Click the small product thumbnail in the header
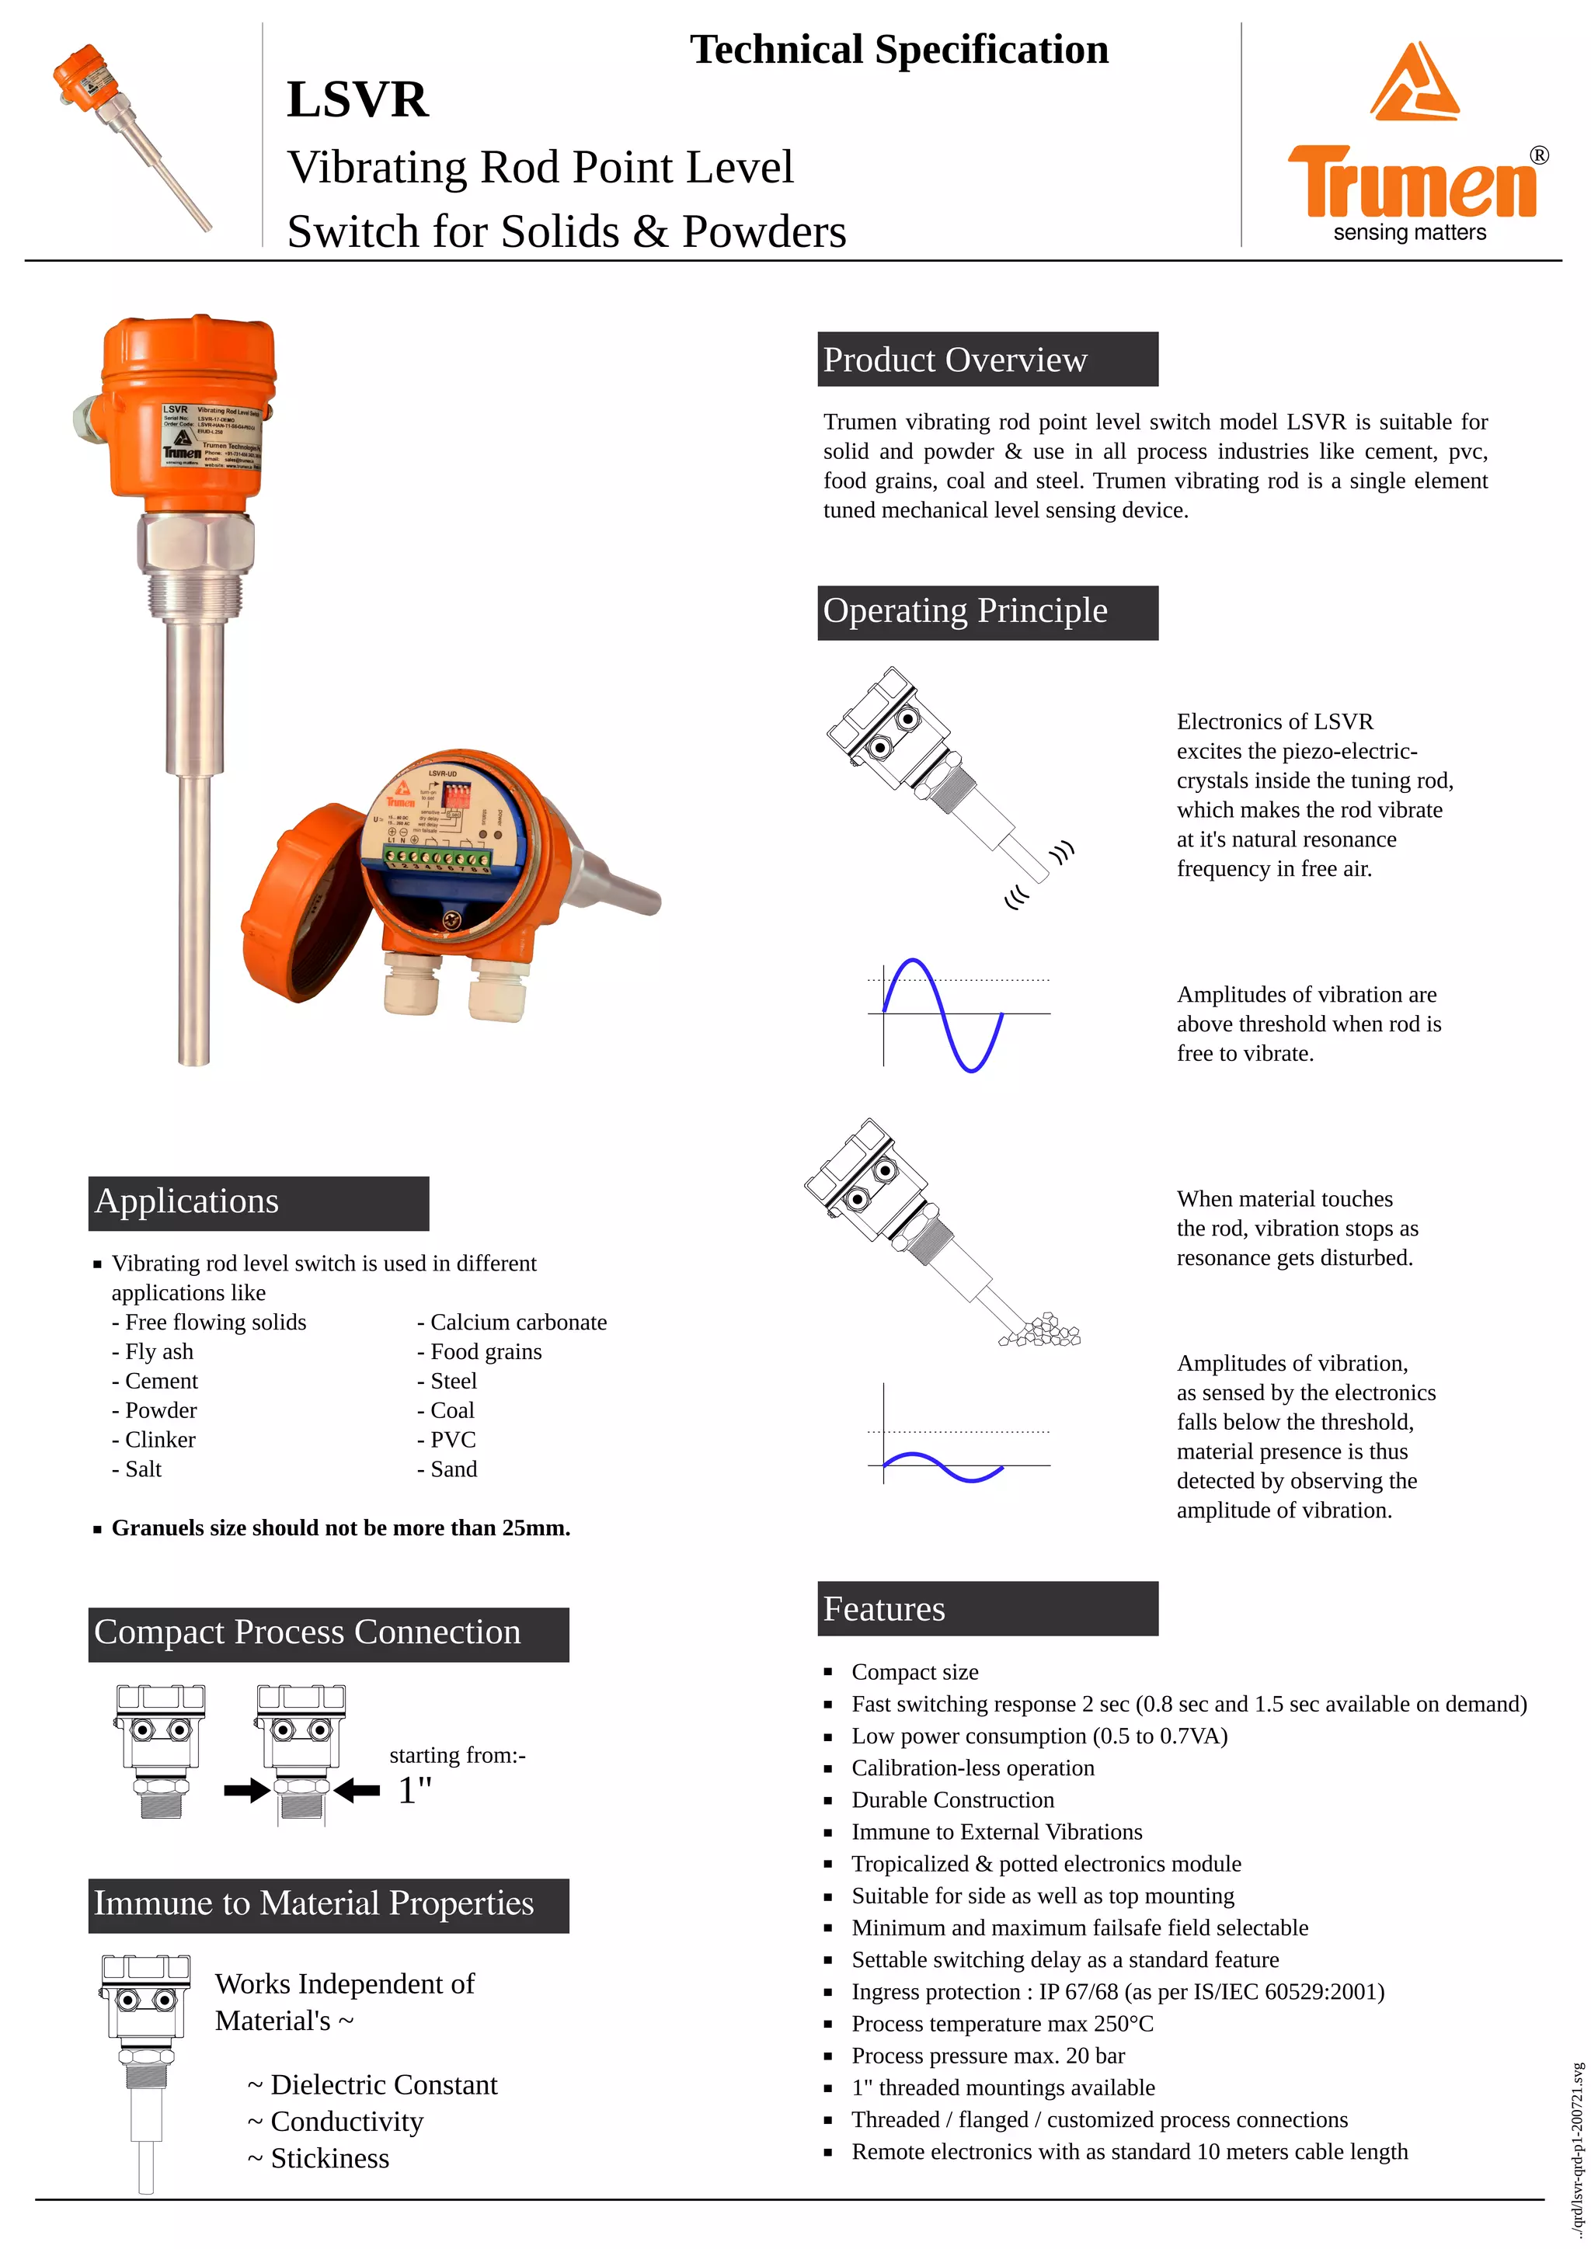pos(131,135)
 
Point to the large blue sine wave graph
pos(943,1015)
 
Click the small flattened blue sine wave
pos(943,1466)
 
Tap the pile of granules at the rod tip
pos(1043,1330)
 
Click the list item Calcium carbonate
pos(518,1323)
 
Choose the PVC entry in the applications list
pos(453,1440)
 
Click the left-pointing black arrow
pos(357,1792)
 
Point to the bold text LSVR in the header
pos(357,100)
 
